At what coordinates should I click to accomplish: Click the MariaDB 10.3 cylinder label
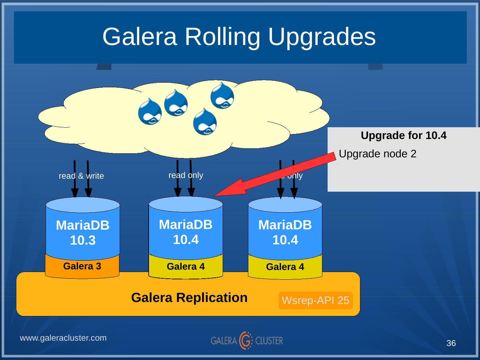coord(83,233)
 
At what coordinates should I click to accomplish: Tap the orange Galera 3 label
coord(82,266)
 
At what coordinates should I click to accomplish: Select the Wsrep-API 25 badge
coord(315,300)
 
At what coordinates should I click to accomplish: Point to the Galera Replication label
coord(189,297)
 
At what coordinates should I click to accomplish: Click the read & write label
coord(81,176)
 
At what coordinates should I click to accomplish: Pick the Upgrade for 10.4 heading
coord(403,136)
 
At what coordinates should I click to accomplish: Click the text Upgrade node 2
coord(377,154)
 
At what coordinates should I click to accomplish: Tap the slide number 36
coord(451,343)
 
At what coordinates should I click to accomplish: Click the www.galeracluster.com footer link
coord(63,338)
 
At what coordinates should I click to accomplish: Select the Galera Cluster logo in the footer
coord(247,340)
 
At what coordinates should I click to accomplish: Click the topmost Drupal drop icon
coord(222,95)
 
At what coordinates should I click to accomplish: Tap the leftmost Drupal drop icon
coord(150,111)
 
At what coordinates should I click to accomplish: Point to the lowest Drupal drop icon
coord(205,122)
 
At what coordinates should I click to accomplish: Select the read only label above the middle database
coord(186,175)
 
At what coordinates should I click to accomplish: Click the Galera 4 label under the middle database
coord(186,267)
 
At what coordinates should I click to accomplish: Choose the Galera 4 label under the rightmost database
coord(285,267)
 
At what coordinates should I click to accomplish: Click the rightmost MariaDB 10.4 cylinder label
coord(285,232)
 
